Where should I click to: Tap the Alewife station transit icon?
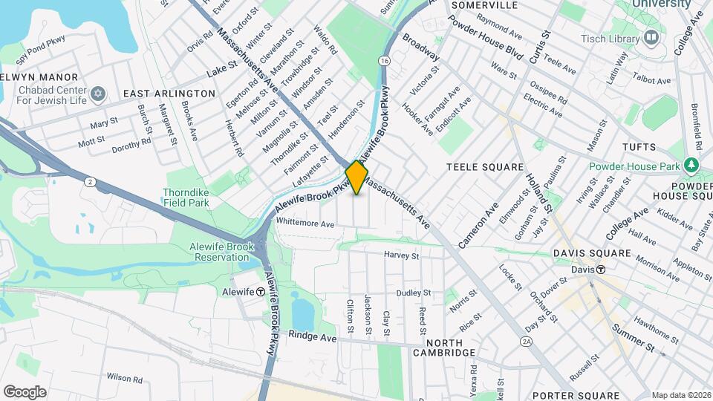click(x=261, y=292)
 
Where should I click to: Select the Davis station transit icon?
click(x=599, y=270)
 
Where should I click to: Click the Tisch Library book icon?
click(x=651, y=37)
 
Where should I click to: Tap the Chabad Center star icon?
click(x=97, y=94)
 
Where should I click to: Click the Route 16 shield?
click(x=383, y=60)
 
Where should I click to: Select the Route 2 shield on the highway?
click(x=90, y=182)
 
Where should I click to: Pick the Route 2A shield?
click(x=527, y=341)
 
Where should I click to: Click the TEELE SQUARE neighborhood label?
click(x=485, y=168)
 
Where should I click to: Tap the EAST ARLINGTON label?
click(x=169, y=94)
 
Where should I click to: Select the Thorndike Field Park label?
click(x=186, y=196)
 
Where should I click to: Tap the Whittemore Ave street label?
click(x=305, y=223)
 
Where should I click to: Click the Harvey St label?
click(x=402, y=255)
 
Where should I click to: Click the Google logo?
click(x=25, y=391)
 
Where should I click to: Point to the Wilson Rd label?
click(x=124, y=379)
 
